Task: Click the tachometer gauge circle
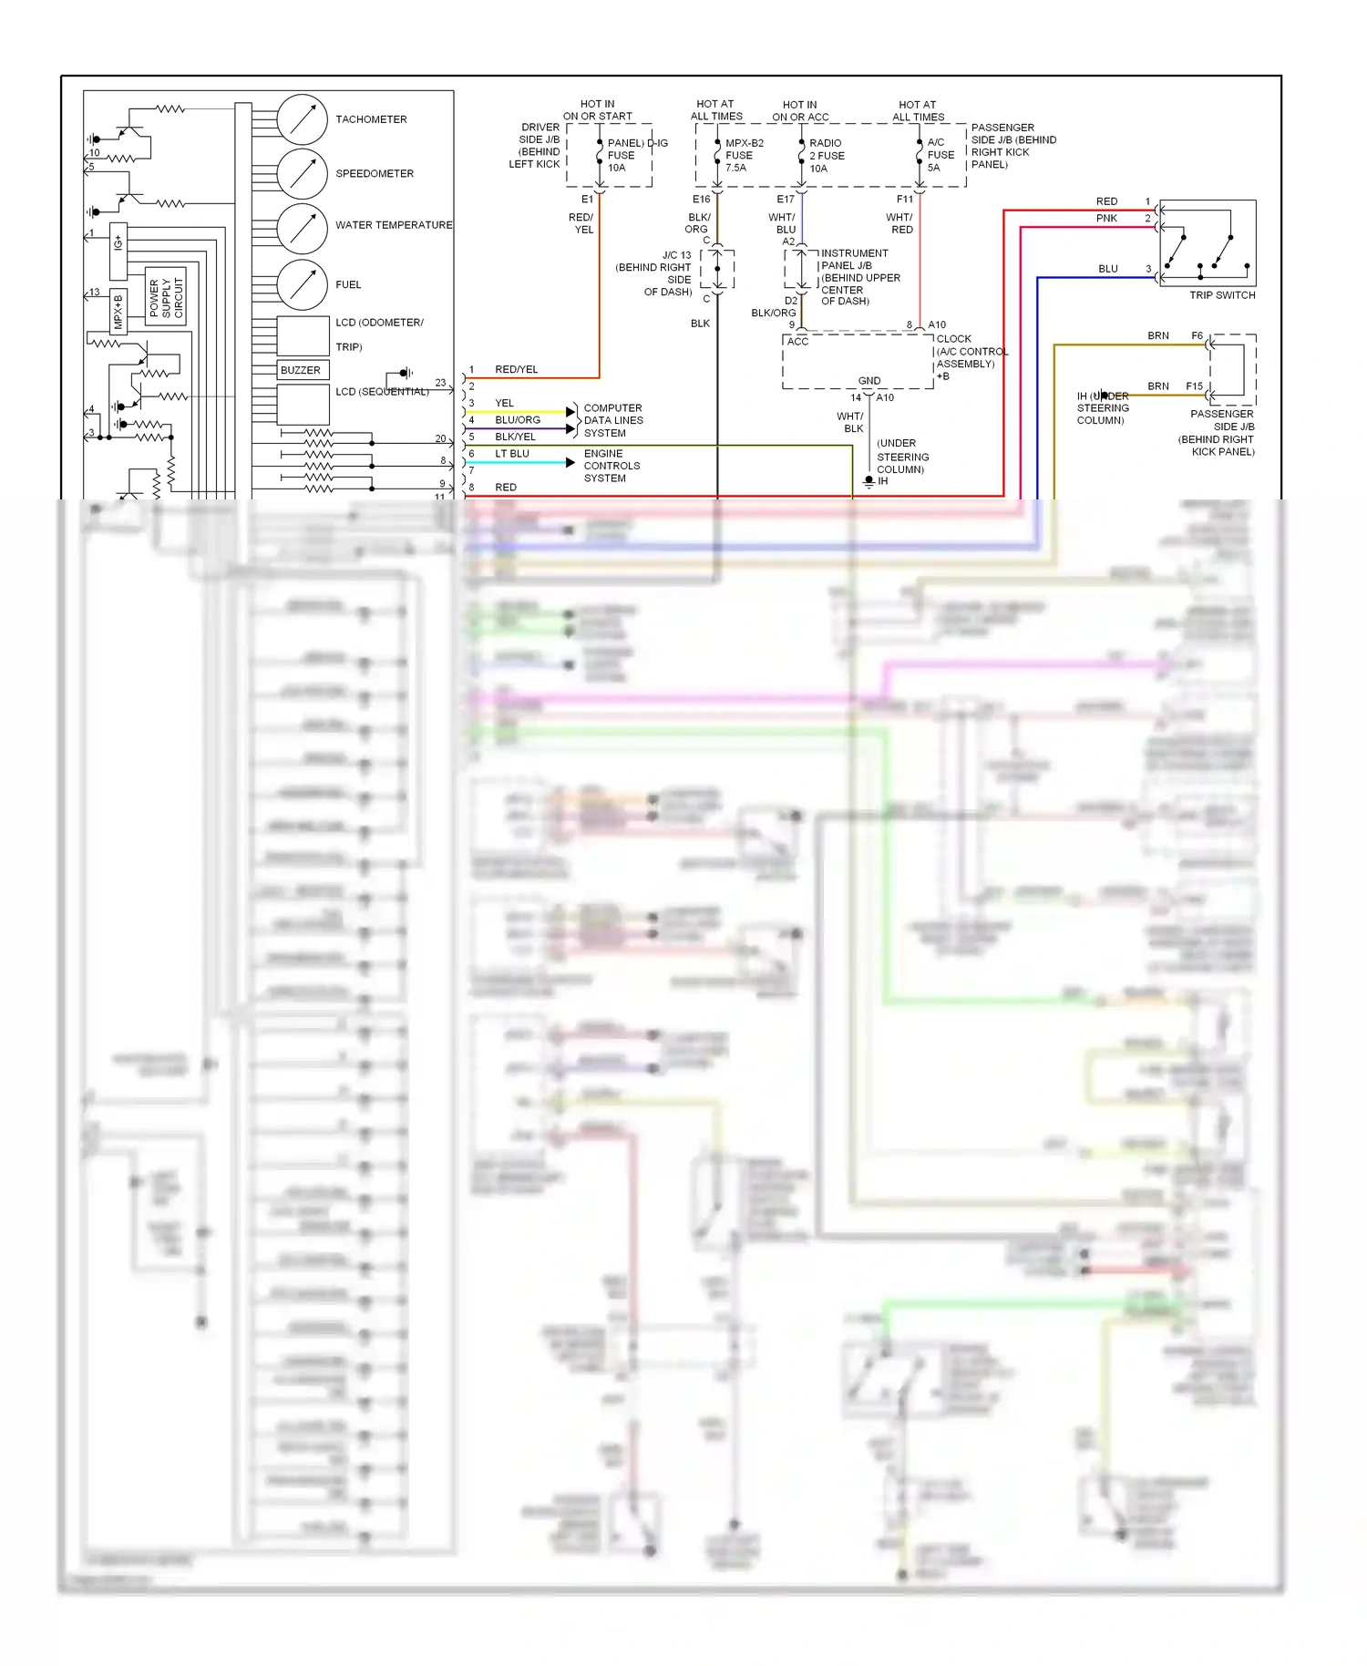point(302,119)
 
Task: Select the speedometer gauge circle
point(302,174)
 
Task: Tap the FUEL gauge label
point(348,284)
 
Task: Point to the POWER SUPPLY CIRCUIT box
point(166,297)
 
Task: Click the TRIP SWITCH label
point(1222,295)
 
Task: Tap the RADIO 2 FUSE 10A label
point(826,155)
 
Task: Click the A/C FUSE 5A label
point(940,155)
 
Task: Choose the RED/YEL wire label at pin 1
point(516,369)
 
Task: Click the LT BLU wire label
point(511,454)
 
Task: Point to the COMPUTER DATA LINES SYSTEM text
point(612,420)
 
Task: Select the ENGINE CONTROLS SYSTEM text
point(611,466)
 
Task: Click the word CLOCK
point(953,338)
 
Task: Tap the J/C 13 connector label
point(676,255)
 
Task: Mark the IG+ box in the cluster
point(118,252)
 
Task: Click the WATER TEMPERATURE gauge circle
point(302,229)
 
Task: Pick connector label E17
point(785,199)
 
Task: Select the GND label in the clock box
point(869,381)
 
